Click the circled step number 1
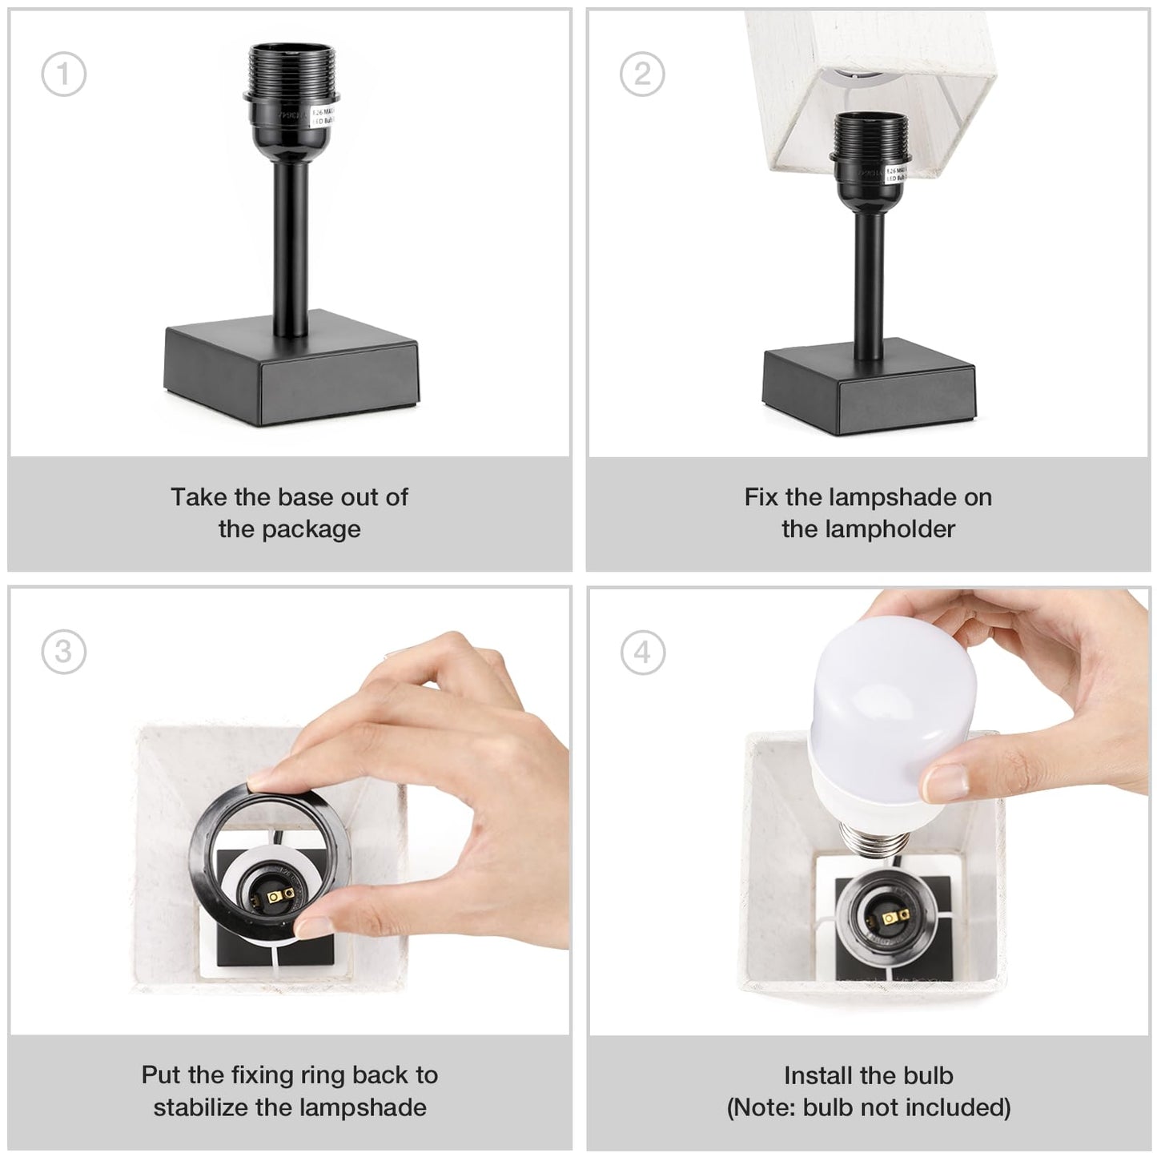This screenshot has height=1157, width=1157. [x=63, y=74]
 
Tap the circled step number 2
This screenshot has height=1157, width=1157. [x=642, y=74]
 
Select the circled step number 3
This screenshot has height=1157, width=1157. [x=63, y=652]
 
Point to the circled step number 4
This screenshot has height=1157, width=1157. [x=642, y=653]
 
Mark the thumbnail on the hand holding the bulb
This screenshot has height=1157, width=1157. [x=946, y=780]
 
